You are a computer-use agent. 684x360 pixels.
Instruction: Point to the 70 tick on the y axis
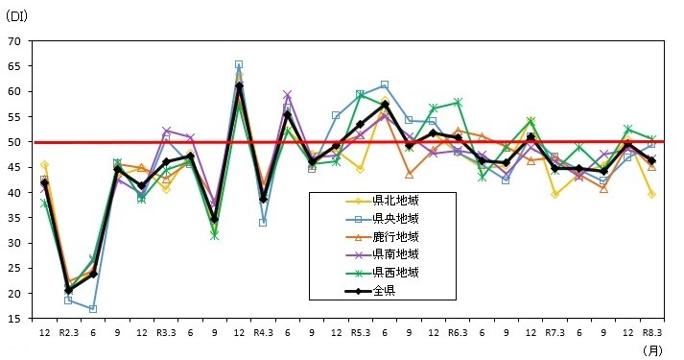pyautogui.click(x=13, y=41)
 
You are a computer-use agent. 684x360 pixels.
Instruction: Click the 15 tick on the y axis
pyautogui.click(x=13, y=319)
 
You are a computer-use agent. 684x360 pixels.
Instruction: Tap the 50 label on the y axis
pyautogui.click(x=13, y=142)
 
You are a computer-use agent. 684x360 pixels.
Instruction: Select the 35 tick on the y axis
pyautogui.click(x=13, y=218)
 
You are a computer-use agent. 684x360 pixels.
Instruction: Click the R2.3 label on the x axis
pyautogui.click(x=69, y=332)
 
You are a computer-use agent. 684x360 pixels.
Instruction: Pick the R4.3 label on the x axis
pyautogui.click(x=263, y=332)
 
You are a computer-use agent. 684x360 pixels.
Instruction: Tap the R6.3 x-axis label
pyautogui.click(x=457, y=332)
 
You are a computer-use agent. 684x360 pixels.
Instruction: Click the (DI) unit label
pyautogui.click(x=19, y=15)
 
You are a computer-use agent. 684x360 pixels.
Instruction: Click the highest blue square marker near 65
pyautogui.click(x=239, y=64)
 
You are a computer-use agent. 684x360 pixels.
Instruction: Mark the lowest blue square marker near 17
pyautogui.click(x=93, y=309)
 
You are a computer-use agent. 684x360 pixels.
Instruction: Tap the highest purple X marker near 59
pyautogui.click(x=288, y=95)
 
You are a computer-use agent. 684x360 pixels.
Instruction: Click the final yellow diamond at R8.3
pyautogui.click(x=651, y=194)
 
